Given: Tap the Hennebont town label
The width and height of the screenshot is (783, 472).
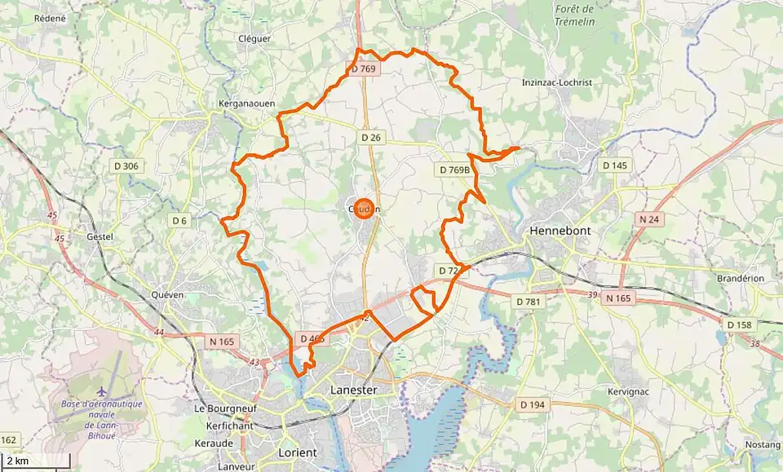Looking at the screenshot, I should point(560,231).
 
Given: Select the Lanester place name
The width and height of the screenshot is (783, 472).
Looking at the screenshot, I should point(353,390).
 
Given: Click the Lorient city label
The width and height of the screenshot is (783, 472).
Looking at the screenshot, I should point(296,452).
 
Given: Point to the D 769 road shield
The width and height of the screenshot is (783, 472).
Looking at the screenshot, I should point(364,69).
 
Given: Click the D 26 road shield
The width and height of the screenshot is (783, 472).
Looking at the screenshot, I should point(371,138).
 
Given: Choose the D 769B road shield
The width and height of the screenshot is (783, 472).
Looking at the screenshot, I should point(454,170).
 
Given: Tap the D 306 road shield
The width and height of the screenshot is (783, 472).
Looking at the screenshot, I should point(126,166).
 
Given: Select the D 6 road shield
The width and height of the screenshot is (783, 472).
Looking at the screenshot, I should point(179,220).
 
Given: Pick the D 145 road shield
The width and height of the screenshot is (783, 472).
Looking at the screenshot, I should point(615,165).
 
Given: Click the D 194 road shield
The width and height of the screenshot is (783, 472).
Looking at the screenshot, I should point(532,404).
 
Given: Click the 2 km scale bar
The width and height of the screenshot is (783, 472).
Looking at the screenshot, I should point(33,461).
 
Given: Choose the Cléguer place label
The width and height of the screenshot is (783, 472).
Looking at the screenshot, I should point(254,38).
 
